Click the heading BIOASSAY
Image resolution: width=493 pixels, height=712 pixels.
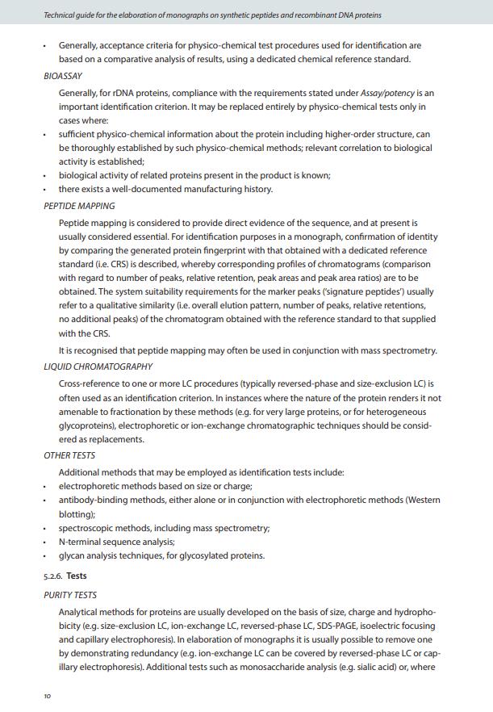(63, 76)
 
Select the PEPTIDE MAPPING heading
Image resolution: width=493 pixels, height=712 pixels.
(79, 206)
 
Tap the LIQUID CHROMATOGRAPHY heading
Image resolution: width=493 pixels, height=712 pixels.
(98, 366)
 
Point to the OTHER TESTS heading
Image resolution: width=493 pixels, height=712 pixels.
(69, 455)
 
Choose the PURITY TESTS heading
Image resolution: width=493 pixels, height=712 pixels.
(70, 595)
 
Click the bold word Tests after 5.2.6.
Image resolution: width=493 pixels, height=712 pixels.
(77, 576)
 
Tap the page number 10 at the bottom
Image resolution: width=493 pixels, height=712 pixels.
(47, 697)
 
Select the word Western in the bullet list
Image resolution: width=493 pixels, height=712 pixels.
(423, 500)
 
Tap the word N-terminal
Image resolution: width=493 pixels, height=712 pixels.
(81, 542)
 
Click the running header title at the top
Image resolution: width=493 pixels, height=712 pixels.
(212, 15)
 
